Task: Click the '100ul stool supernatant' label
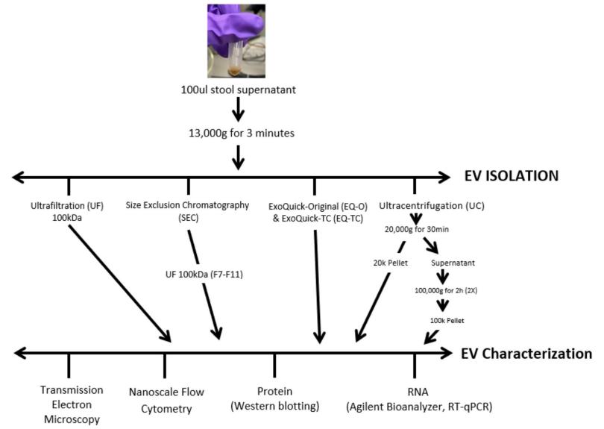tap(239, 90)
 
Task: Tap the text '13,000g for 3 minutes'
tap(242, 134)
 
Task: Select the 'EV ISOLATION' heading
tap(512, 176)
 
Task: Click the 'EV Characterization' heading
tap(526, 354)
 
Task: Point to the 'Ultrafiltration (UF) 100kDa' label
tap(67, 212)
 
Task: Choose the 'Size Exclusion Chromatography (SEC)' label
tap(188, 211)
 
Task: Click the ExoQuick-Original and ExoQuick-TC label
tap(318, 213)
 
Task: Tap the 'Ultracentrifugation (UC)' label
tap(432, 206)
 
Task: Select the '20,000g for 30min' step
tap(417, 229)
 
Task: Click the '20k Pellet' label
tap(390, 263)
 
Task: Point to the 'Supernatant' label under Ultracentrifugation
tap(453, 263)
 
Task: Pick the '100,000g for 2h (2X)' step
tap(446, 290)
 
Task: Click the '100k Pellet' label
tap(447, 320)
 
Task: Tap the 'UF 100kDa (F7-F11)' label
tap(204, 275)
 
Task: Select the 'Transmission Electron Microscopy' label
tap(72, 404)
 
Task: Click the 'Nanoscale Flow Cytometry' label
tap(166, 400)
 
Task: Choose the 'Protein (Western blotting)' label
tap(275, 398)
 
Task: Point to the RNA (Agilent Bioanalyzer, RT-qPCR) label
tap(419, 399)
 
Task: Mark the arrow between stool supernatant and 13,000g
tap(238, 110)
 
